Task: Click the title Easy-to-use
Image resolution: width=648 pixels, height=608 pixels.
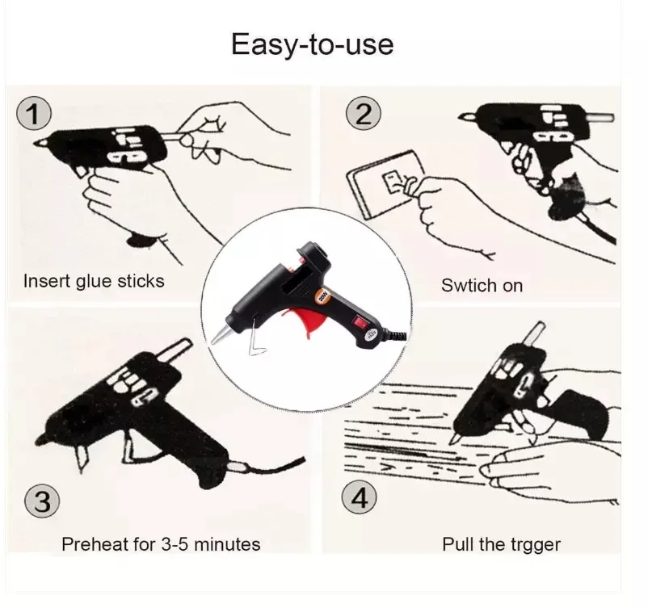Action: coord(312,44)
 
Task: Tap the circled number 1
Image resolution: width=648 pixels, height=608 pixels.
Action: coord(34,113)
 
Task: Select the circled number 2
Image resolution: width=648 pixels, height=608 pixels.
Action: coord(364,113)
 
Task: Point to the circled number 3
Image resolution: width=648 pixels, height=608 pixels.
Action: coord(42,501)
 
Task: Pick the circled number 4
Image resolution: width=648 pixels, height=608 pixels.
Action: coord(360,497)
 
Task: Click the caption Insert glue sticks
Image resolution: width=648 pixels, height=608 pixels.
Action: coord(94,281)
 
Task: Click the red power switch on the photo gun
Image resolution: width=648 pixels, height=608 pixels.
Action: coord(356,321)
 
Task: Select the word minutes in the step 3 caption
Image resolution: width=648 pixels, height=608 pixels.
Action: coord(227,544)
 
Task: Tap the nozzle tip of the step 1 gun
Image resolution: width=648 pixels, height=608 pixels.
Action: coord(38,144)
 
